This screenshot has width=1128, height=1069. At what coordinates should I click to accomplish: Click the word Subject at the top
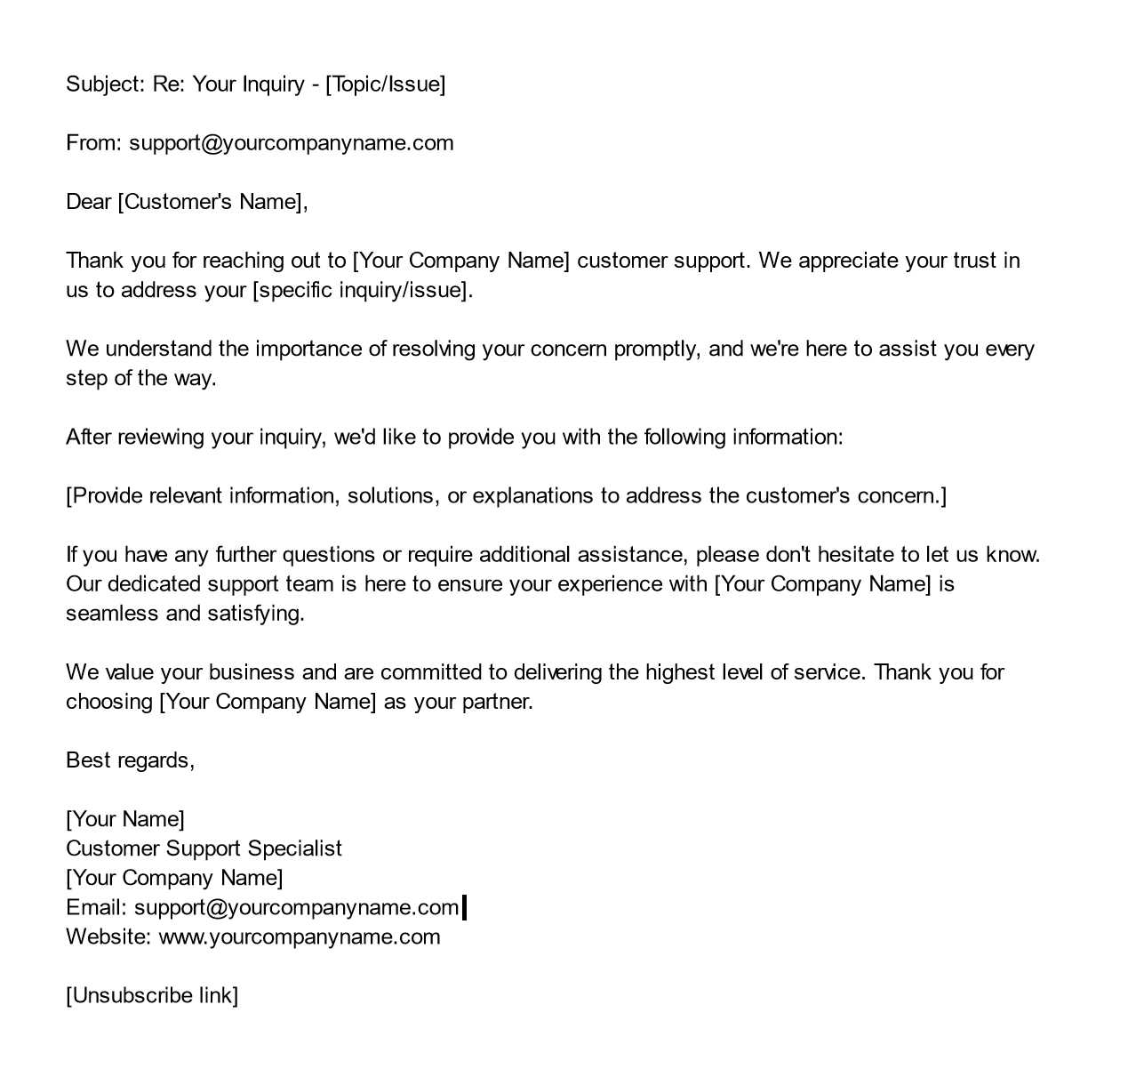(101, 84)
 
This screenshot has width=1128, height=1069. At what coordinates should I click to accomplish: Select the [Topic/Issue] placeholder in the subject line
(386, 84)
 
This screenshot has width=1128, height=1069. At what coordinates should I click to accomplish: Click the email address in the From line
(292, 143)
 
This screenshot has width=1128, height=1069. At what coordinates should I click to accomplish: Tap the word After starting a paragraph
(88, 437)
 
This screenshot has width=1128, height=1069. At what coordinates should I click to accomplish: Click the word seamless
(111, 614)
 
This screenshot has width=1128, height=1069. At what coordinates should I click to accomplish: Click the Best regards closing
(129, 760)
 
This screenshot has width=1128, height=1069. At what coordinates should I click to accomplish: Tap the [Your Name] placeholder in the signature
(125, 819)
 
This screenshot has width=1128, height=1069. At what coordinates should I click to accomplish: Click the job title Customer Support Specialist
(204, 848)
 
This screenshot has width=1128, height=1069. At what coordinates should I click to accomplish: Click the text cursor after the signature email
(465, 907)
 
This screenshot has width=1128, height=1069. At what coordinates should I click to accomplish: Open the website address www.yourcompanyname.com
(299, 936)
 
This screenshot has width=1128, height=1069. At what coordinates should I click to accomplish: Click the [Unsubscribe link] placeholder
(152, 995)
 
